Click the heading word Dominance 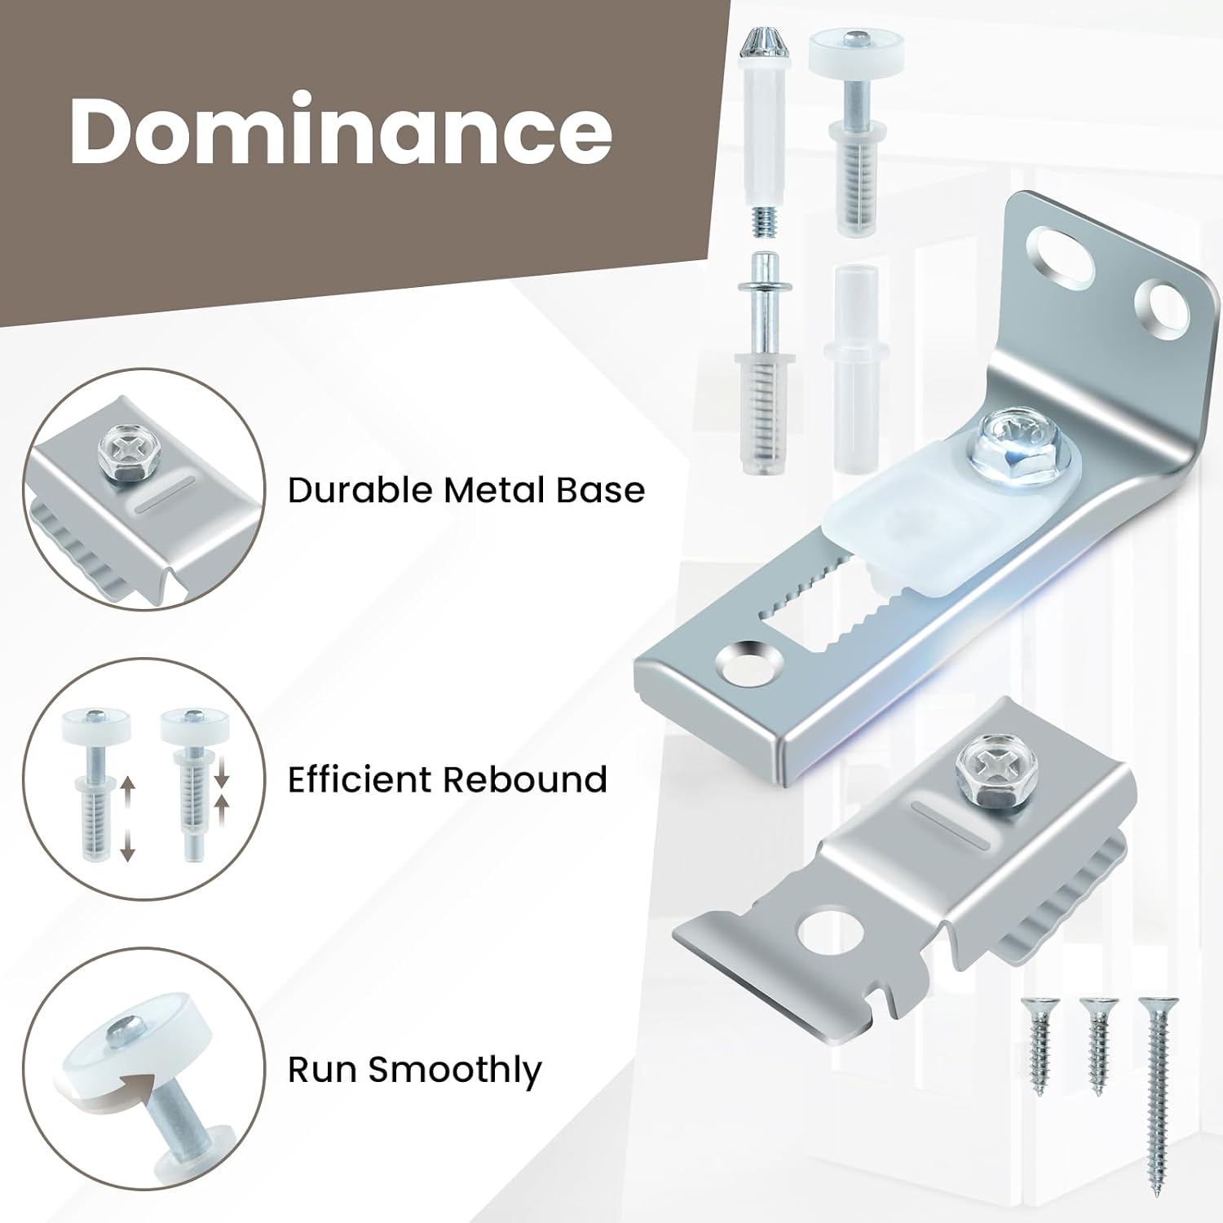pos(341,129)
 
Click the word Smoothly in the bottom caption pos(455,1071)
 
